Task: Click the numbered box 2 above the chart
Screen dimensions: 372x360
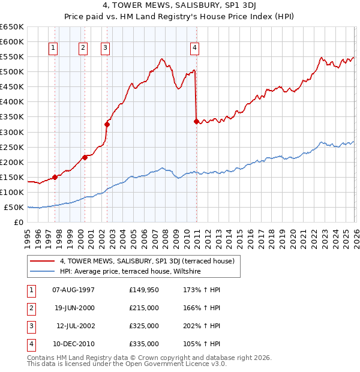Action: (83, 49)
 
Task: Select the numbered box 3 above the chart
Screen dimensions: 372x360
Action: (105, 49)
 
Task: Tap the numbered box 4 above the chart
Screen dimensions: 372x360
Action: (195, 49)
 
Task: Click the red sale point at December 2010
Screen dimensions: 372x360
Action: (196, 121)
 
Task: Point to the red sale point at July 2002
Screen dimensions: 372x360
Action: (107, 124)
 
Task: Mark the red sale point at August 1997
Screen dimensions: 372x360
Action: (55, 177)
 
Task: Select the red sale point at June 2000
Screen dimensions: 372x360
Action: (85, 157)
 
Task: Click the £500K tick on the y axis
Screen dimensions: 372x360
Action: (12, 72)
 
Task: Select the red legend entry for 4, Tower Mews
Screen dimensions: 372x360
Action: (150, 261)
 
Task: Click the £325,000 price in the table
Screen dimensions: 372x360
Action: (144, 326)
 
